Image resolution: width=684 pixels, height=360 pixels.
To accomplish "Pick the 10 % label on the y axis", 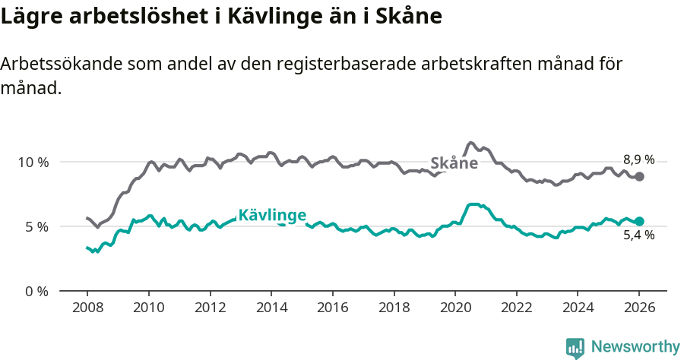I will pos(33,162).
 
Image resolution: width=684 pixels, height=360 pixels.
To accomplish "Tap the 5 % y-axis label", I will pos(36,226).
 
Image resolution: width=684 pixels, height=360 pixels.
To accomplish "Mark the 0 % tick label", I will pos(36,291).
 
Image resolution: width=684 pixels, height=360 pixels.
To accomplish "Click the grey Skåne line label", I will pos(454,163).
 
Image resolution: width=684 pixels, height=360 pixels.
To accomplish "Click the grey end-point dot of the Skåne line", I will pos(640,176).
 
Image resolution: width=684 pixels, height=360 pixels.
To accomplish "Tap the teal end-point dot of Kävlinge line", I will pos(640,221).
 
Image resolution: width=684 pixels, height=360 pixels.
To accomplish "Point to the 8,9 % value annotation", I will pos(638,159).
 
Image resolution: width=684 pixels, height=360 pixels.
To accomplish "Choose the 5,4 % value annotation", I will pos(638,235).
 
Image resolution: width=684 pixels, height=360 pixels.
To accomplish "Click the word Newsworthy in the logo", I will pos(635,347).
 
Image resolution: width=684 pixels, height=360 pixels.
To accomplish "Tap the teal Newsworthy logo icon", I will pos(575,348).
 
